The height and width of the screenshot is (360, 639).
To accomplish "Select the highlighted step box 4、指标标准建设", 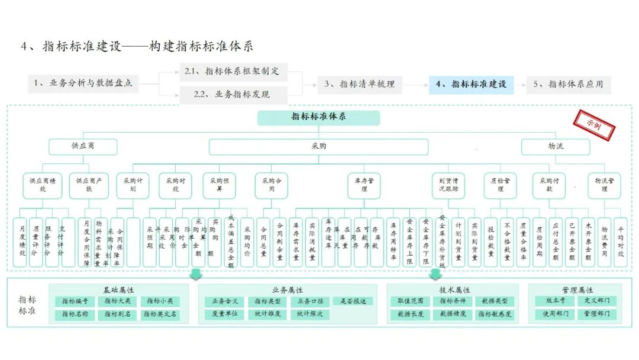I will [x=471, y=85].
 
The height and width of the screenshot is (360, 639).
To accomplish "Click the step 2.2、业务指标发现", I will [x=234, y=95].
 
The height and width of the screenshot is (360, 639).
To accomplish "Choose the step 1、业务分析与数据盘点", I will [x=83, y=84].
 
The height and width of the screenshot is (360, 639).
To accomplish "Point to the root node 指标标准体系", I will [x=318, y=117].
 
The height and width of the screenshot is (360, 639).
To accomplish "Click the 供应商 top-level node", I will [x=83, y=146].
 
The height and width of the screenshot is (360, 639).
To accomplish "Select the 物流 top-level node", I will [x=555, y=146].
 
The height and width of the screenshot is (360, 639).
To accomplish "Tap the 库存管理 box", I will [x=363, y=185].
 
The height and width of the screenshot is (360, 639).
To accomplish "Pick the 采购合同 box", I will [x=272, y=185].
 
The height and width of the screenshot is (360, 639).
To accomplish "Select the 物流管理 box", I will [x=604, y=185].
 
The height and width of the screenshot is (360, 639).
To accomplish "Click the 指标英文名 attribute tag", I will [x=160, y=315].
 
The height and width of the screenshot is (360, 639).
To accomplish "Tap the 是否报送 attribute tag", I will [x=353, y=301].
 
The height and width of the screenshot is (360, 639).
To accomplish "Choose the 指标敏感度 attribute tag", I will [x=495, y=314].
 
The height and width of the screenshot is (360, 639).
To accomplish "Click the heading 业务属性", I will [x=287, y=290].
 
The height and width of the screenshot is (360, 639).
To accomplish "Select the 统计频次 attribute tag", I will [x=310, y=314].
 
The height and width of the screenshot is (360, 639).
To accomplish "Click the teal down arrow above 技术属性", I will [x=435, y=273].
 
